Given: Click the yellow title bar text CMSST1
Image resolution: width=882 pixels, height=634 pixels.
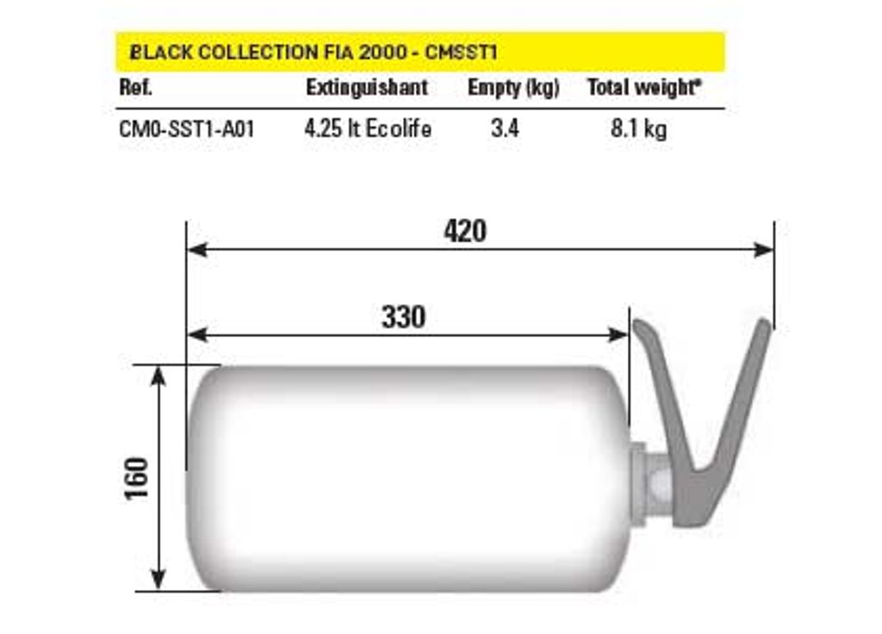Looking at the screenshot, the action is pyautogui.click(x=461, y=53).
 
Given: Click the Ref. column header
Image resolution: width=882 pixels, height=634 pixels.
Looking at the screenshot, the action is pyautogui.click(x=135, y=87).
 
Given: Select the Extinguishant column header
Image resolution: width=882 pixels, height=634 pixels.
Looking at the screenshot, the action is pyautogui.click(x=367, y=87).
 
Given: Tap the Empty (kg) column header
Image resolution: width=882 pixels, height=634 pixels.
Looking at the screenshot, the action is pyautogui.click(x=513, y=88).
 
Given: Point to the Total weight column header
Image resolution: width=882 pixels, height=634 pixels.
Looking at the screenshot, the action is pyautogui.click(x=644, y=88).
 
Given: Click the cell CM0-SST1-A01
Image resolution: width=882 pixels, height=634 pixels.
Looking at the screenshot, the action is pyautogui.click(x=187, y=129).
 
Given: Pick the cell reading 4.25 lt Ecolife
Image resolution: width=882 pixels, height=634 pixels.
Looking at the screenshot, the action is pyautogui.click(x=368, y=128).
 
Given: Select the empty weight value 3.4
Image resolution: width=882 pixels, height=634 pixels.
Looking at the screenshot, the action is pyautogui.click(x=505, y=128).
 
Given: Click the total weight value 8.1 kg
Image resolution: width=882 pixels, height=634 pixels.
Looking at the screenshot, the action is pyautogui.click(x=639, y=129).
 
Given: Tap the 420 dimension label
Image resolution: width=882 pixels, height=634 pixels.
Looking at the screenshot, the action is pyautogui.click(x=465, y=231).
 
